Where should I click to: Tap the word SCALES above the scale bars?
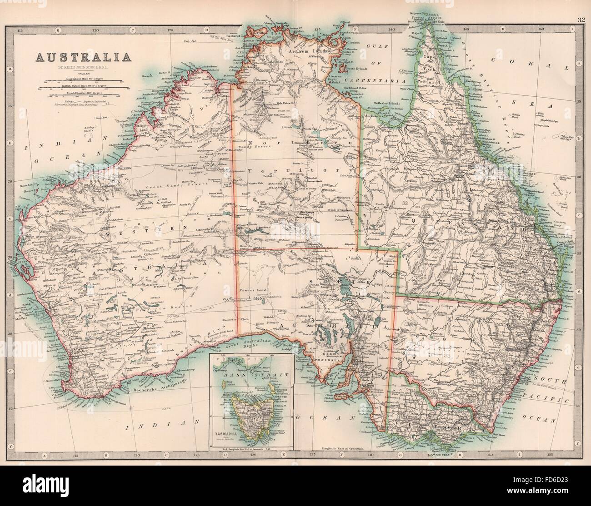tap(82, 73)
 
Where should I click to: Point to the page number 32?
tap(579, 6)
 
